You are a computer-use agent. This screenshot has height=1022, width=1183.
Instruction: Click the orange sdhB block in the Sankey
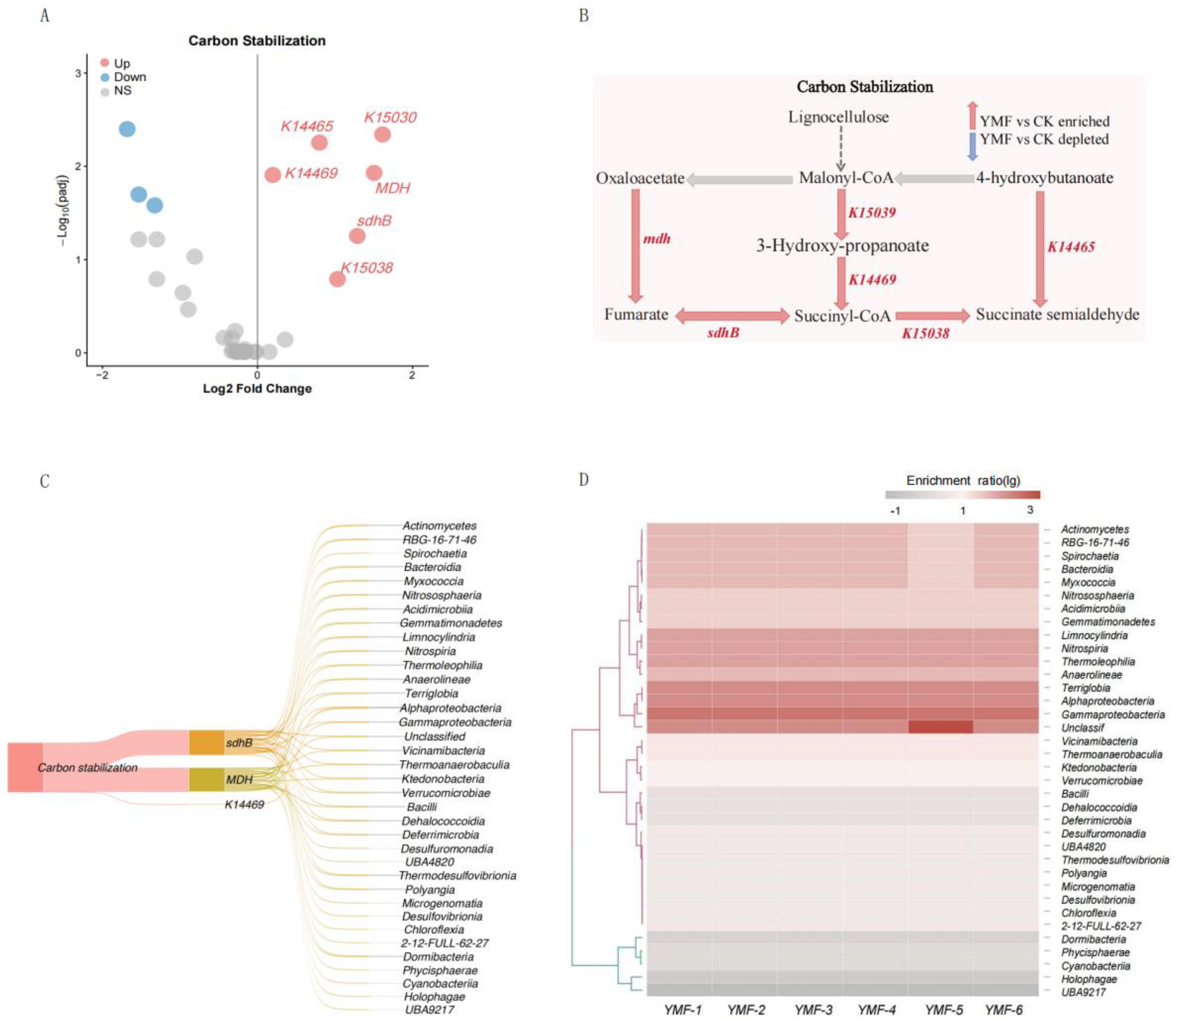click(206, 742)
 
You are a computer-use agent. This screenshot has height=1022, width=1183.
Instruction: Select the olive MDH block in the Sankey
click(206, 779)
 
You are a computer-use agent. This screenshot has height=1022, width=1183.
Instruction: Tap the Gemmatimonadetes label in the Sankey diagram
click(450, 623)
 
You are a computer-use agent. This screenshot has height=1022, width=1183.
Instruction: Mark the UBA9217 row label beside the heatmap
click(1083, 992)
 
